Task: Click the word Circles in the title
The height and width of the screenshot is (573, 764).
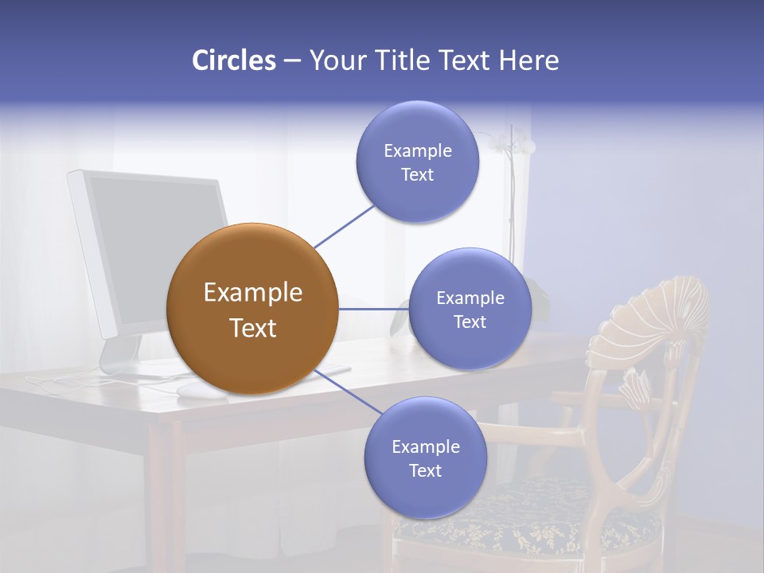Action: pyautogui.click(x=233, y=60)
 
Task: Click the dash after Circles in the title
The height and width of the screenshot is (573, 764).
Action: pyautogui.click(x=291, y=61)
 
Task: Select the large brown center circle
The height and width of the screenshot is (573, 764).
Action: pyautogui.click(x=252, y=309)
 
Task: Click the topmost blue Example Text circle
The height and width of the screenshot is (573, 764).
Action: pyautogui.click(x=417, y=162)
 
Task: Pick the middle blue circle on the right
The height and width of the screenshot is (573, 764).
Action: pyautogui.click(x=470, y=309)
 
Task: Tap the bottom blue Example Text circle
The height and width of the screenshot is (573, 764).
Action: pyautogui.click(x=425, y=458)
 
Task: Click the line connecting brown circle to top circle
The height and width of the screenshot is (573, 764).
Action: pyautogui.click(x=344, y=225)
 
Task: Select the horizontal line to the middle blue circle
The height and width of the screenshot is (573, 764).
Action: pyautogui.click(x=373, y=309)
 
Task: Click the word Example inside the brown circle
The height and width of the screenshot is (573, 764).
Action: pyautogui.click(x=252, y=293)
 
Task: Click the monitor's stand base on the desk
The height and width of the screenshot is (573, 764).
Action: pyautogui.click(x=127, y=368)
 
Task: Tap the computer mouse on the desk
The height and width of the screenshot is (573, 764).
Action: pyautogui.click(x=191, y=389)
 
